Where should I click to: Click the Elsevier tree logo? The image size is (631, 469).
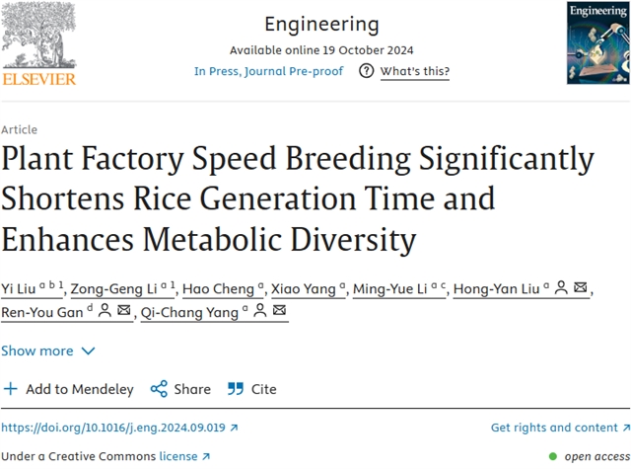(37, 38)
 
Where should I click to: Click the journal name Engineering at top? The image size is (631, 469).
(320, 24)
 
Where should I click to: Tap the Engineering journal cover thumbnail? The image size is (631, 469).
(596, 42)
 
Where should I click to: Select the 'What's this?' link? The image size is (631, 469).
(414, 71)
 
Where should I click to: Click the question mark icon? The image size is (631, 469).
(367, 71)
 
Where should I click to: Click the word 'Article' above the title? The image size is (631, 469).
(20, 129)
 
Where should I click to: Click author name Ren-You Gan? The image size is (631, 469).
(40, 312)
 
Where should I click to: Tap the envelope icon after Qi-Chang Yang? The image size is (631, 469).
(280, 312)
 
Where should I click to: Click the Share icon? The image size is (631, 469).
(159, 389)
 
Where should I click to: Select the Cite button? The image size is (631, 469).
(252, 389)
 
